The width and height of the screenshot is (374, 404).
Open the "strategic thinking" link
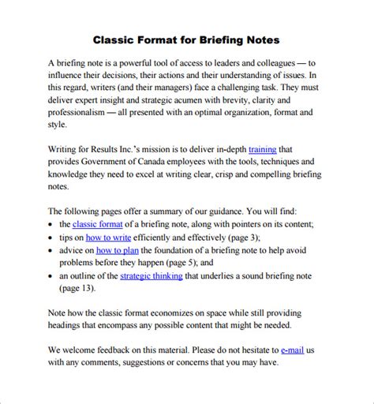pos(151,276)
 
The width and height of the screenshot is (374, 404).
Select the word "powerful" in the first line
pos(135,62)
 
